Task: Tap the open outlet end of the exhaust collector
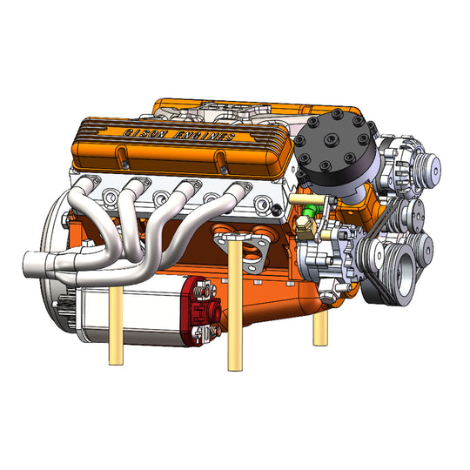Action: point(26,261)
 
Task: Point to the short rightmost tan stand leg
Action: point(319,326)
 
